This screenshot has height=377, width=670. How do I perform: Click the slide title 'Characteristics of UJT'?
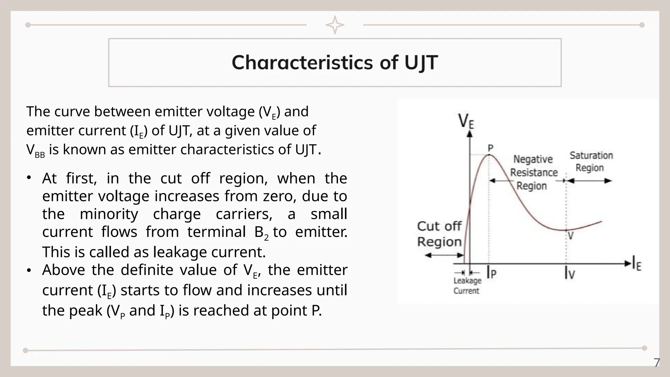click(x=335, y=63)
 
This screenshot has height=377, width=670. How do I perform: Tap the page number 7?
click(x=657, y=363)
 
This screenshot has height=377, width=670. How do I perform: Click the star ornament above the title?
click(x=335, y=25)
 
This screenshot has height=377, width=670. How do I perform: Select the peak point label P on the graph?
click(x=490, y=149)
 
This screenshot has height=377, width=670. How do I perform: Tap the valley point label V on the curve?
click(x=571, y=236)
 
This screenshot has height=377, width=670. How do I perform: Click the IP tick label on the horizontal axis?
click(x=492, y=272)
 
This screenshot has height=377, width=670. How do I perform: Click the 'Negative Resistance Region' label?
click(x=534, y=172)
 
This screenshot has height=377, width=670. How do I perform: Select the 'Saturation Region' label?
click(x=591, y=162)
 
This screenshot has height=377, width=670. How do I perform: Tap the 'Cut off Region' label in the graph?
click(x=439, y=234)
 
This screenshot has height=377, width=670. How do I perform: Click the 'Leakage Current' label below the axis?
click(x=467, y=286)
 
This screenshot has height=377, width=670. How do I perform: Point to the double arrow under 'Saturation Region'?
click(x=589, y=181)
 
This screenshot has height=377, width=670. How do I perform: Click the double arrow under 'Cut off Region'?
click(x=444, y=255)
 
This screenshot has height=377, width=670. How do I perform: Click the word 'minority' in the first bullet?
click(x=109, y=214)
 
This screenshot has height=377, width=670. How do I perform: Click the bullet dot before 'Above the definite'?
click(x=29, y=270)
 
